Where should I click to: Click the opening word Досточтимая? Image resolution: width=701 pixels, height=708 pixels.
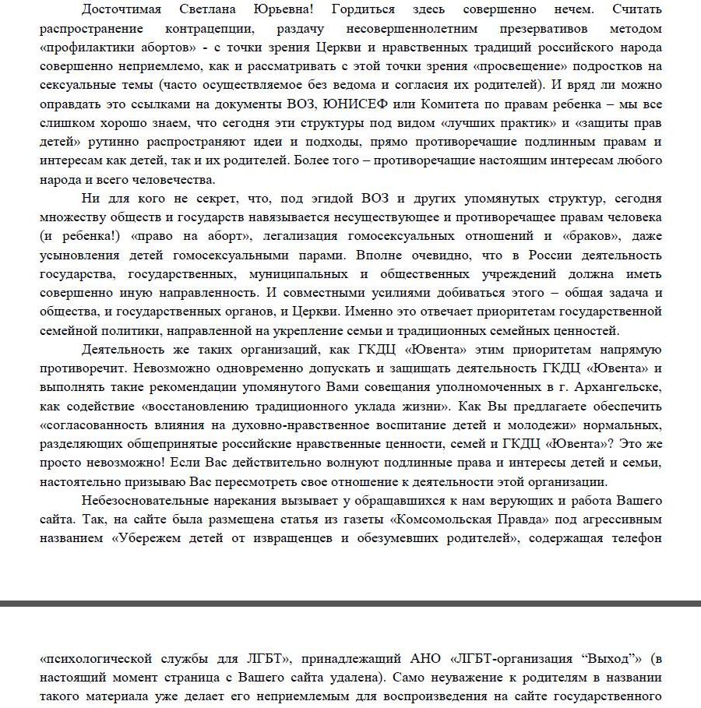[x=125, y=10]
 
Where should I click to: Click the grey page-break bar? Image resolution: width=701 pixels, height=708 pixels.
[x=350, y=604]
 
